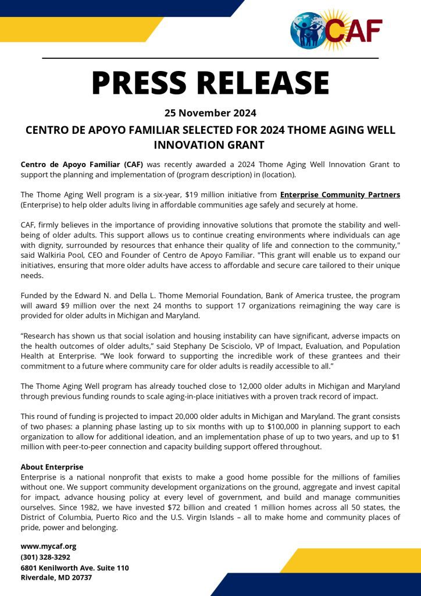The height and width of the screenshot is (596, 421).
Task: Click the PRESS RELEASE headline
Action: tap(211, 83)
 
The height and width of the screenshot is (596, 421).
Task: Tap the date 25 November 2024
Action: tap(211, 112)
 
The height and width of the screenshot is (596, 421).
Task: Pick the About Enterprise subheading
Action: tap(52, 467)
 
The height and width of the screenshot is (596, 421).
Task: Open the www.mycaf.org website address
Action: tap(48, 547)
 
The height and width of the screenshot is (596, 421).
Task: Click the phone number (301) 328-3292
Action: tap(45, 557)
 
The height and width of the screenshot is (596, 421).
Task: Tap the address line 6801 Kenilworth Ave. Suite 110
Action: tap(74, 567)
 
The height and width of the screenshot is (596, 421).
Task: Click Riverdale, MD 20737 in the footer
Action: tap(56, 578)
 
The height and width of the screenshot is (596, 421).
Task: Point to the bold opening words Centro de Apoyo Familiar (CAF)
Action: tap(82, 164)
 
